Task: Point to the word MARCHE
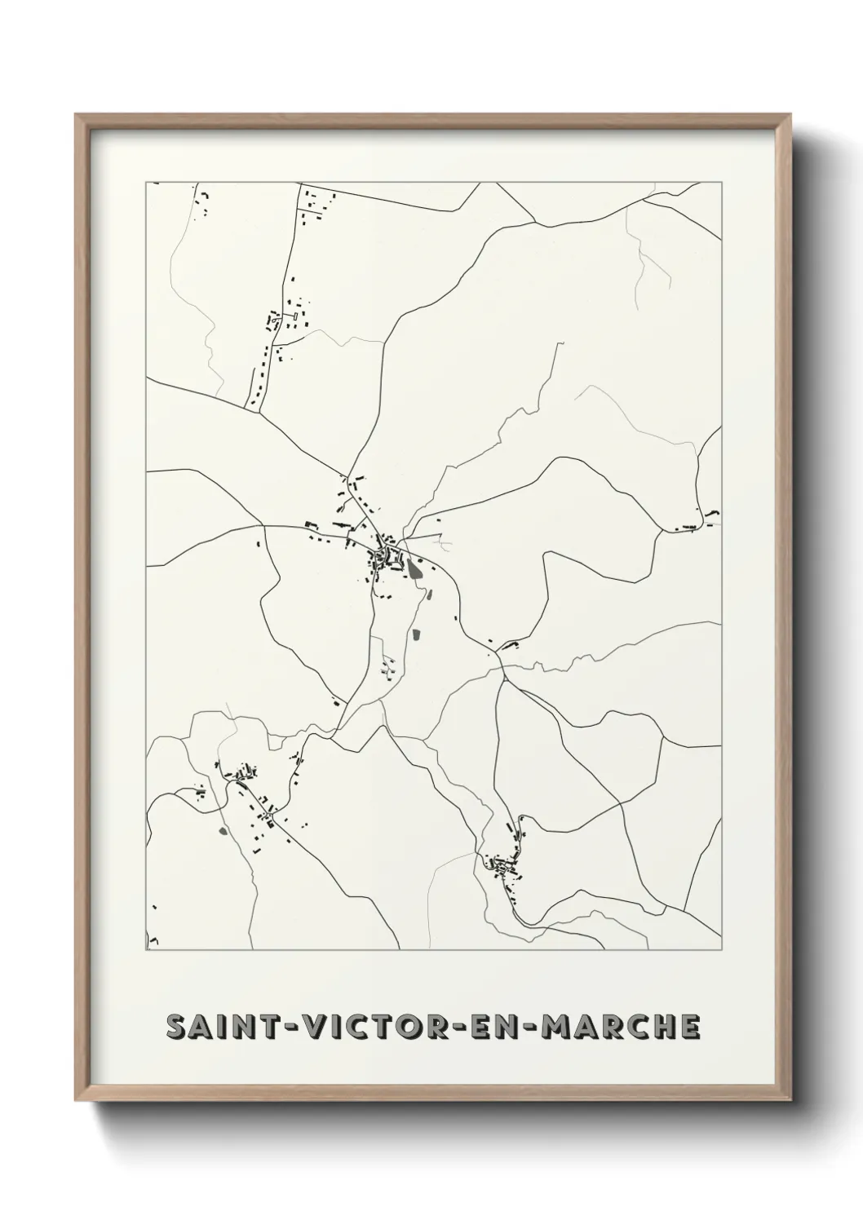tap(620, 1028)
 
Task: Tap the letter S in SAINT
tap(176, 1028)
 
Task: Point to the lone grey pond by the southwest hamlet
tap(221, 832)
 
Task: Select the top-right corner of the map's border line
tap(723, 183)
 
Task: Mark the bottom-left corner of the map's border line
tap(146, 949)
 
